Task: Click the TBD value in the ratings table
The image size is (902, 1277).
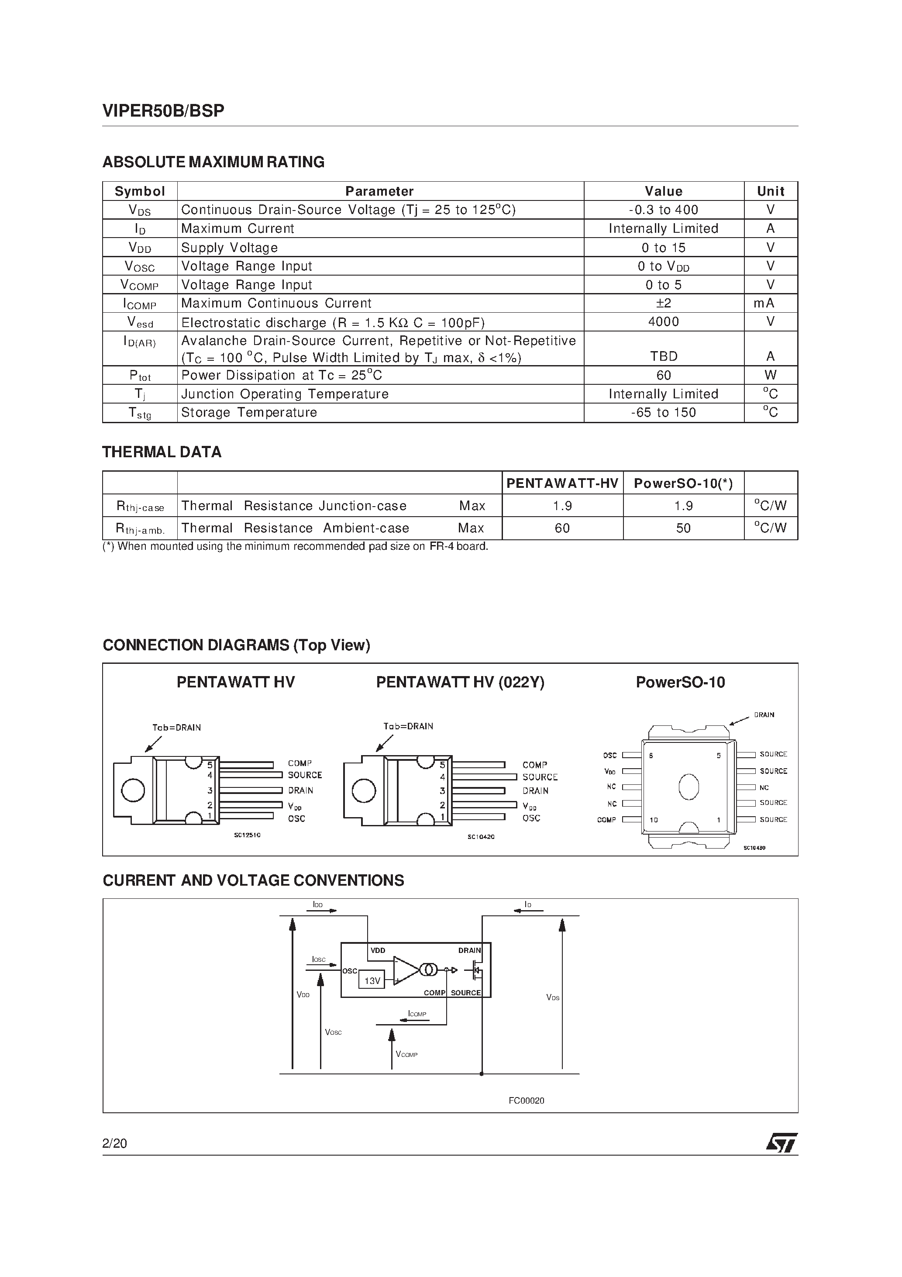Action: click(664, 356)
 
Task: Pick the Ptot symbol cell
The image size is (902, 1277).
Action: click(140, 376)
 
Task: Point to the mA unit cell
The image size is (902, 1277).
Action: click(770, 303)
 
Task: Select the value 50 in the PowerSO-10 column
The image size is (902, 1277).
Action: click(683, 528)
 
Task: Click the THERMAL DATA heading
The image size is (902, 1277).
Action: click(162, 452)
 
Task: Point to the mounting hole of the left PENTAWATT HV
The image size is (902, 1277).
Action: click(133, 790)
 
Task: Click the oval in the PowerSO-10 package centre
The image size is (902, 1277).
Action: click(689, 787)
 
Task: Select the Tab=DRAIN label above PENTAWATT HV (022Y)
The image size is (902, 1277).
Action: click(408, 726)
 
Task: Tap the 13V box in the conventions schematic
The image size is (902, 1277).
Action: click(372, 980)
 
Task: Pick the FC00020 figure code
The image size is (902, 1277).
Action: click(526, 1100)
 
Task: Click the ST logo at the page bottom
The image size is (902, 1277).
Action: click(782, 1143)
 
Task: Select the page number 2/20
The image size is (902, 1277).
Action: click(114, 1143)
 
